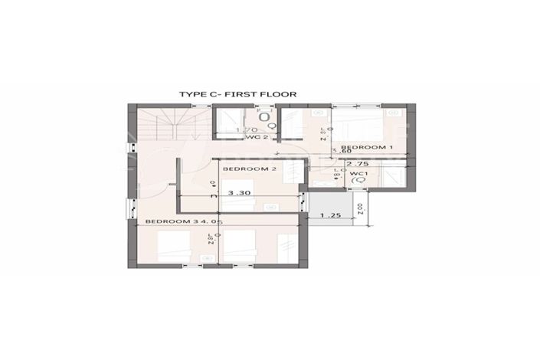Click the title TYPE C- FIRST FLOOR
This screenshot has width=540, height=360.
pos(237,94)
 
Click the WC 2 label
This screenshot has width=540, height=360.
pos(260,138)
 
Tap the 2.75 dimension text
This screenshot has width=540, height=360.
pos(358,163)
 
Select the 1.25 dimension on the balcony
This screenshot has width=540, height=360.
pos(330,215)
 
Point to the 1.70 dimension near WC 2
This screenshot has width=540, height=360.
pos(246,129)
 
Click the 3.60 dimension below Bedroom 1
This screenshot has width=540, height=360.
pos(341,151)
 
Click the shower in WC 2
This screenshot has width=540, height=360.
pos(225,123)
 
